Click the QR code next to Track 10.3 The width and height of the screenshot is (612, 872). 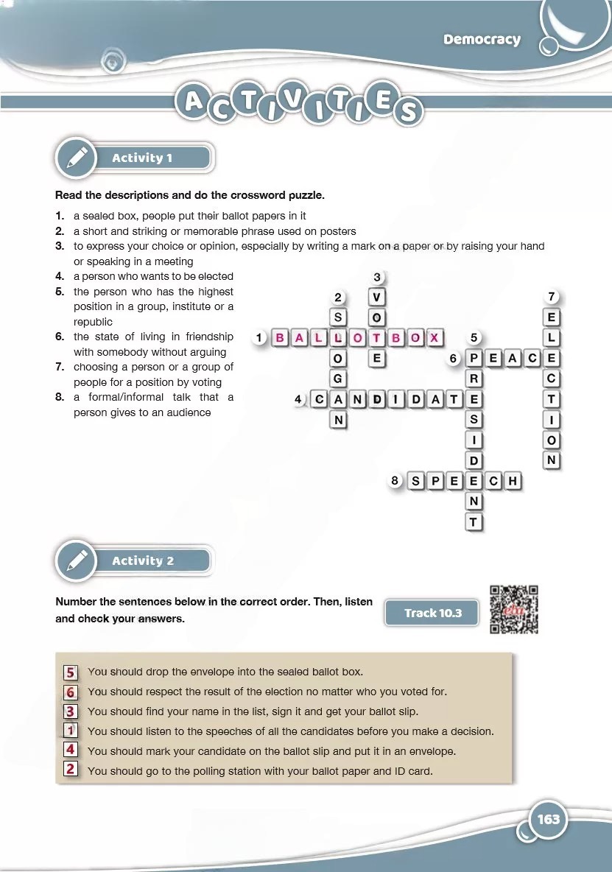coord(513,609)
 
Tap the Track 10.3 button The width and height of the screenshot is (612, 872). coord(432,613)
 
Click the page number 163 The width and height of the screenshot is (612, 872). coord(549,819)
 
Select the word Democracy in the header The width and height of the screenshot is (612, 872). coord(482,40)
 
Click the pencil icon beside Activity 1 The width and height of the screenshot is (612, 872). coord(77,158)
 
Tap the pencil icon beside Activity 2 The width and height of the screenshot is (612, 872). coord(77,561)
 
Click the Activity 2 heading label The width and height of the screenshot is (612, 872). coord(143,561)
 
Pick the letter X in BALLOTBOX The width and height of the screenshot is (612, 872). coord(435,338)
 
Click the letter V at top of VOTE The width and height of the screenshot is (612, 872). coord(377,298)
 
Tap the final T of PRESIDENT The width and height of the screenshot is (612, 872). coord(474,522)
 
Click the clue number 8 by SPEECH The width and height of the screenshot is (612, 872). coord(395,481)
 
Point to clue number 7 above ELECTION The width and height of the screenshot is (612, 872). coord(552,297)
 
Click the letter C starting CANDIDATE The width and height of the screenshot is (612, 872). coord(319,400)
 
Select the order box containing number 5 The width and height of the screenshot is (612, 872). coord(71,672)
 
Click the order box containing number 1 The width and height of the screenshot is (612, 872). coord(71,731)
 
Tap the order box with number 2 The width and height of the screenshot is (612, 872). coord(71,770)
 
